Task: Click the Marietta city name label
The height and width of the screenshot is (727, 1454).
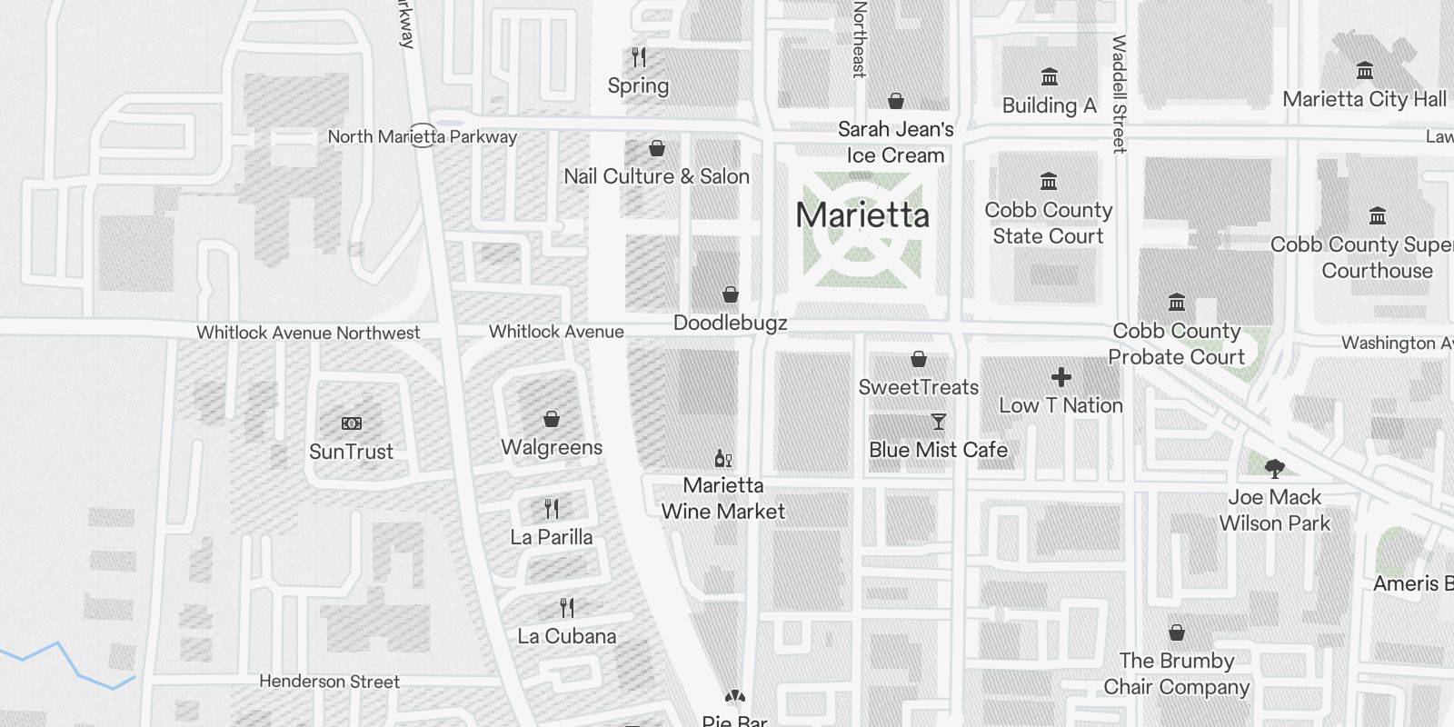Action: coord(862,215)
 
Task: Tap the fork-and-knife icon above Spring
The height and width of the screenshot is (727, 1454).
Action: coord(639,57)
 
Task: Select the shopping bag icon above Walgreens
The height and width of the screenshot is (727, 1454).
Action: coord(552,419)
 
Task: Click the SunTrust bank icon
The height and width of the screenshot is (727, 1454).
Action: coord(352,423)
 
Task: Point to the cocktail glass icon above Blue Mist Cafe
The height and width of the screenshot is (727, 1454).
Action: coord(939,422)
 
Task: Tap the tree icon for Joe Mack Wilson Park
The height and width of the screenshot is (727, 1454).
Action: coord(1275,469)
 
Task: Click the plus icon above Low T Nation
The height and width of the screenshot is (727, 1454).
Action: coord(1061,377)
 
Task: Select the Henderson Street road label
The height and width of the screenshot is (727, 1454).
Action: coord(329,682)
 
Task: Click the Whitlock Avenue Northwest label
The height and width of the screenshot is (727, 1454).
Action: coord(308,333)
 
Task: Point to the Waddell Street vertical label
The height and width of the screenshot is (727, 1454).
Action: coord(1119,94)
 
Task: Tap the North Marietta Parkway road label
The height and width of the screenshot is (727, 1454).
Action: coord(422,137)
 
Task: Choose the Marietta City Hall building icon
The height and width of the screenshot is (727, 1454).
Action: coord(1364,71)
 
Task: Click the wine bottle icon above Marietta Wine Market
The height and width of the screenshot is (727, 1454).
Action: coord(723,458)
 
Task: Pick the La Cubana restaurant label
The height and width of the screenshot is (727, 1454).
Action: coord(567,636)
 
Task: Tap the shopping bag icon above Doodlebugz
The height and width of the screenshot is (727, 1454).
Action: coord(731,294)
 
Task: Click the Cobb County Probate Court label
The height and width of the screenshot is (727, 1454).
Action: coord(1177,344)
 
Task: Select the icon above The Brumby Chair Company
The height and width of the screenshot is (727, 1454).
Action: coord(1177,632)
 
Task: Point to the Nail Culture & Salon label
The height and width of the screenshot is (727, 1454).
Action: coord(656,176)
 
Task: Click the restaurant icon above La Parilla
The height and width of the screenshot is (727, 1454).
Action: coord(552,508)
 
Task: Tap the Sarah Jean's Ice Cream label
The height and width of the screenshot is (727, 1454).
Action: coord(896,143)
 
